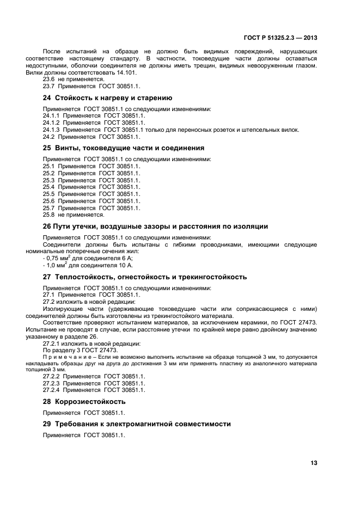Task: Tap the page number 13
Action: click(314, 463)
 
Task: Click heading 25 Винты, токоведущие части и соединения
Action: click(124, 148)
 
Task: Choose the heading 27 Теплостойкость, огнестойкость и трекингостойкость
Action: click(144, 277)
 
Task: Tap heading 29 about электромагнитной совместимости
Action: click(137, 424)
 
